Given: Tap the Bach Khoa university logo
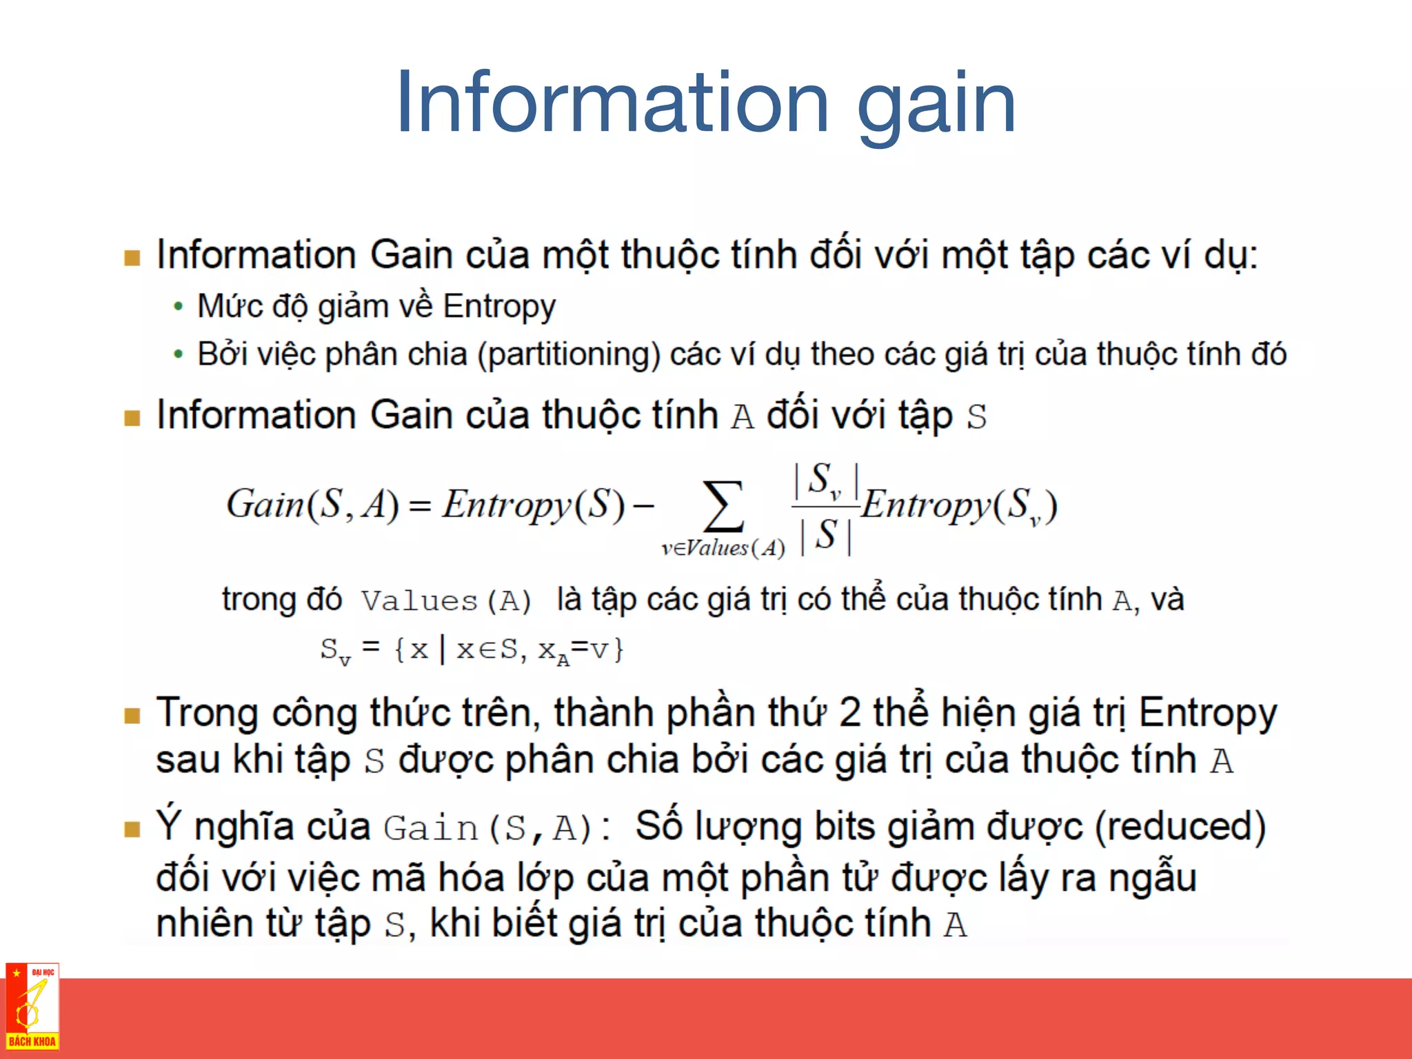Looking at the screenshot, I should pos(32,1007).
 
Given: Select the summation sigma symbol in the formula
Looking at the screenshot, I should pos(723,507).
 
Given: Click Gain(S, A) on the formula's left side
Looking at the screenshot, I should pos(312,504).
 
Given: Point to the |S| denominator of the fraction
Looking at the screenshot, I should pos(826,535).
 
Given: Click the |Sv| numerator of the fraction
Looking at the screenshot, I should pos(826,480).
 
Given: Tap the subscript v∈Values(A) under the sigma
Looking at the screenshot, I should pos(723,548).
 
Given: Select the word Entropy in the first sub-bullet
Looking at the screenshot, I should pos(499,307).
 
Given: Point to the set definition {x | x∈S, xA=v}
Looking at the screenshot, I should pos(508,649).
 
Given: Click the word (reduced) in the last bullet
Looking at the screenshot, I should pos(1180,827).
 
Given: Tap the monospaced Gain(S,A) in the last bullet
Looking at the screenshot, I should pos(488,828).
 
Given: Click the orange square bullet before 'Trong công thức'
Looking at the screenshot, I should pos(132,716).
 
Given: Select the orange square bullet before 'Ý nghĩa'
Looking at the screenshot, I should pos(132,829).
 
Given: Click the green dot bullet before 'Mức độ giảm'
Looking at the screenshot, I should pos(179,306).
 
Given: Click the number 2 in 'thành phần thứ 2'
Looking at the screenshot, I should pos(849,713).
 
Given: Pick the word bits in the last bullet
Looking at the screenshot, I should pos(845,827).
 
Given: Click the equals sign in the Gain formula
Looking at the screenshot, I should pos(420,507).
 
